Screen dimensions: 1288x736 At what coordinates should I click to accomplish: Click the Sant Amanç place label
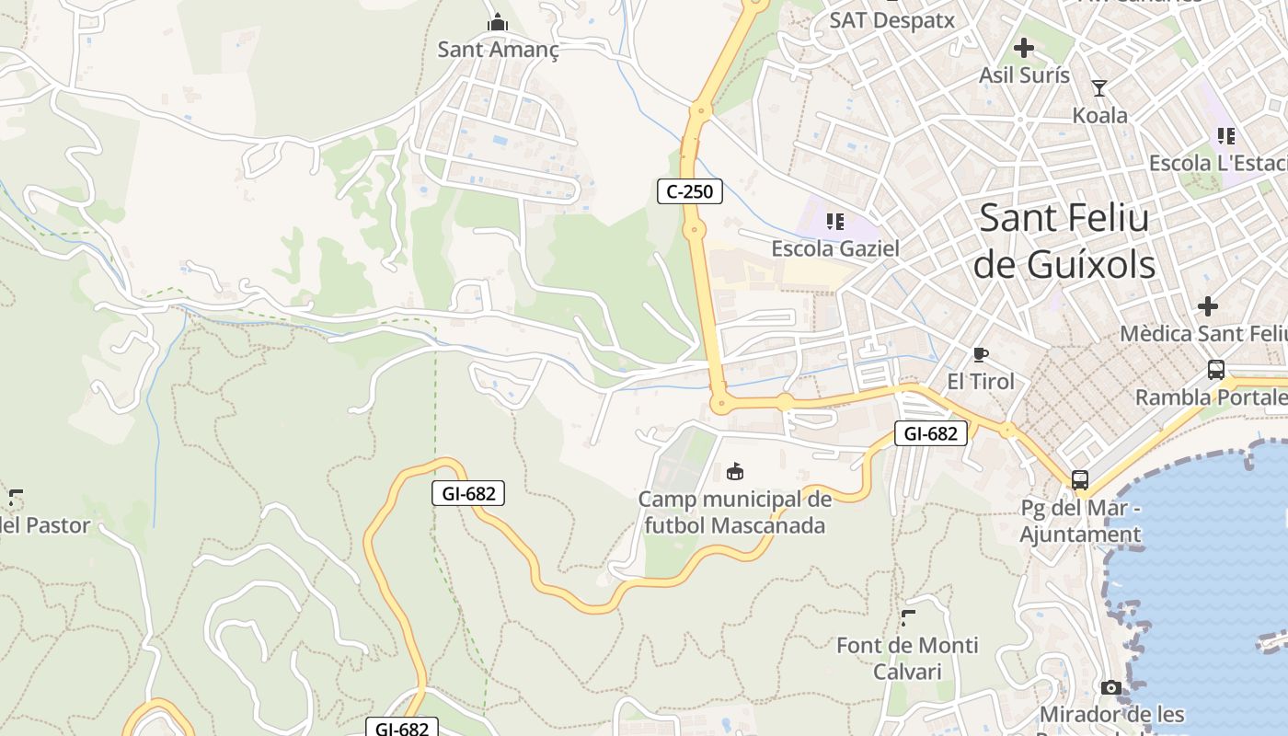(x=498, y=50)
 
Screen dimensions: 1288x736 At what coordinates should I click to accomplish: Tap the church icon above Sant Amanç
(x=498, y=22)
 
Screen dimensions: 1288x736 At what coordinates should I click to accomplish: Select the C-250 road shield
(x=689, y=191)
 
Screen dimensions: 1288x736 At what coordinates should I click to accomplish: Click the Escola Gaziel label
(x=834, y=248)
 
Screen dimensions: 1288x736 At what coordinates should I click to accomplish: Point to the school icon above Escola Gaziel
(x=835, y=221)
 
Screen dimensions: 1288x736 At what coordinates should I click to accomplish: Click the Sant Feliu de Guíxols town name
(x=1064, y=241)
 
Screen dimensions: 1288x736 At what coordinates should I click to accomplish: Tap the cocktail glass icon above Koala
(x=1099, y=88)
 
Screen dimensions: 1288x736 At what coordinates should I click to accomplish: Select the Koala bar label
(x=1099, y=116)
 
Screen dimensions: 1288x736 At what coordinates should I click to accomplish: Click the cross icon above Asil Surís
(x=1024, y=48)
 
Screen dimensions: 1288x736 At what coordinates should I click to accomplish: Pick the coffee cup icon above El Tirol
(x=981, y=354)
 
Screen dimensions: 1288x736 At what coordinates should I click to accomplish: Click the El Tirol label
(x=981, y=382)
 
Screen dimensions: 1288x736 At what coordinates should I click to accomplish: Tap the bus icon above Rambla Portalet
(x=1216, y=370)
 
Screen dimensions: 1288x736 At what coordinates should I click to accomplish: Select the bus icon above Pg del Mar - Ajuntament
(x=1080, y=480)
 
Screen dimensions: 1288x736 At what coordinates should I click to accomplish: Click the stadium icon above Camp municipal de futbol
(x=735, y=472)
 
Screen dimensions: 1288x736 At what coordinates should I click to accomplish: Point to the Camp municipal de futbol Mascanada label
(x=734, y=512)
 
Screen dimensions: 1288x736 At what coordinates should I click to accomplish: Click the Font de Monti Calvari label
(x=907, y=658)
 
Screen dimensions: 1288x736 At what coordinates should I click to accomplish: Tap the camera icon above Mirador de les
(x=1111, y=687)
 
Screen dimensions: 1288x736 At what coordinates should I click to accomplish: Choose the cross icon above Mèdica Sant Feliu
(x=1208, y=305)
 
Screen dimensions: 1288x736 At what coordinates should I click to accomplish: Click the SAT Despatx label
(x=891, y=20)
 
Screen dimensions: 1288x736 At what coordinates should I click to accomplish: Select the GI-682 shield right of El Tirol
(x=931, y=433)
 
